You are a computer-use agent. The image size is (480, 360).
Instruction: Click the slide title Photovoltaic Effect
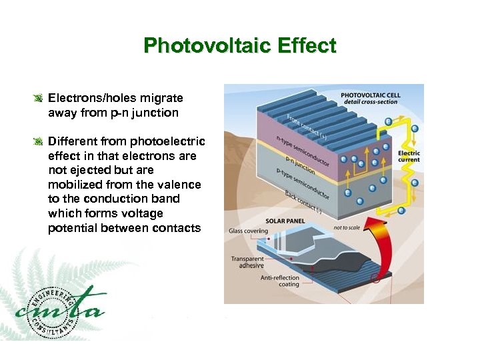[x=240, y=46]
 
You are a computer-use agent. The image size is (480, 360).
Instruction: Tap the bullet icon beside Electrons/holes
[x=39, y=99]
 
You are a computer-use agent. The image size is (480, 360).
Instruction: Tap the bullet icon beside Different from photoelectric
[x=39, y=141]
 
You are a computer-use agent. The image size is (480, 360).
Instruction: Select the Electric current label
[x=409, y=157]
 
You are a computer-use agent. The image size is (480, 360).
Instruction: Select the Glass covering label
[x=249, y=231]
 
